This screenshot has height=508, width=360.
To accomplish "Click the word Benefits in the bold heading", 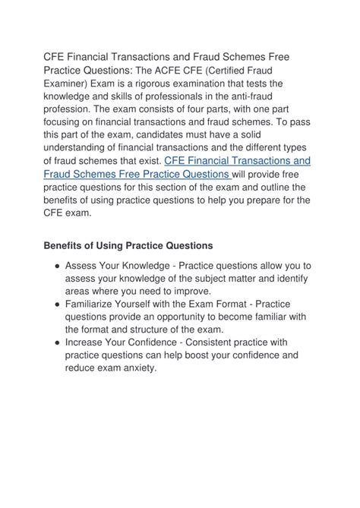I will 64,247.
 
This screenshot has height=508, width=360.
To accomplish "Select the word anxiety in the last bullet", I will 137,369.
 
